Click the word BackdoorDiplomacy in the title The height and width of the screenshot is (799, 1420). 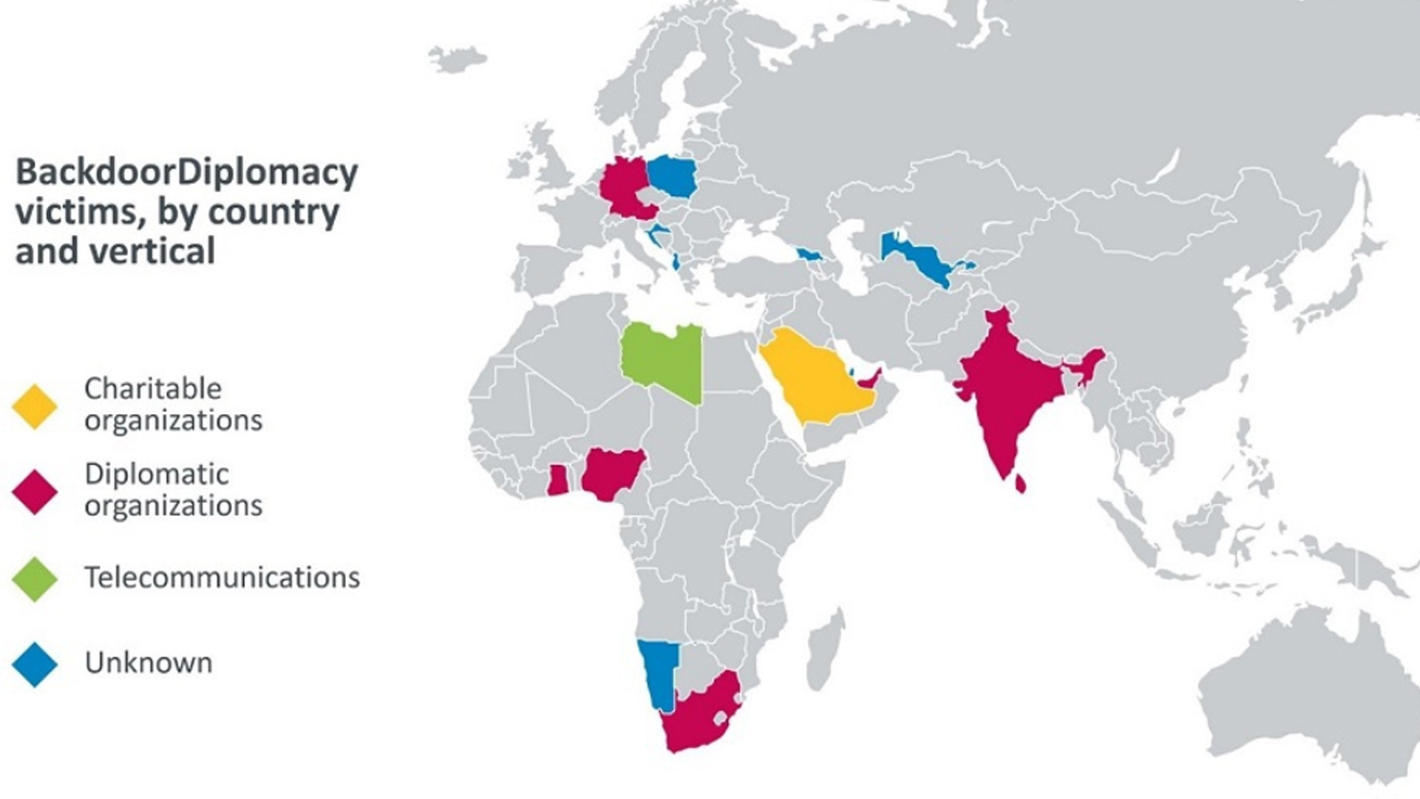[186, 173]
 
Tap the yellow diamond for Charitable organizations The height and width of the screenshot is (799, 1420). [35, 406]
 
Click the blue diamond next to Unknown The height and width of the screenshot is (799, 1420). [35, 664]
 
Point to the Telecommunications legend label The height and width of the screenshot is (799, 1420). [222, 577]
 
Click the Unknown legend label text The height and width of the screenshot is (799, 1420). [149, 663]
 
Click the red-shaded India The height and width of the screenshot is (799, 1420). [1005, 384]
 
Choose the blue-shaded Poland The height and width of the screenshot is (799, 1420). [673, 176]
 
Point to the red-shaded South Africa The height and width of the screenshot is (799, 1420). [702, 713]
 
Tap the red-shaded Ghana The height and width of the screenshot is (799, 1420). [557, 480]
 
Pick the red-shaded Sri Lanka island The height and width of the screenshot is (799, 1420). [1020, 484]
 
